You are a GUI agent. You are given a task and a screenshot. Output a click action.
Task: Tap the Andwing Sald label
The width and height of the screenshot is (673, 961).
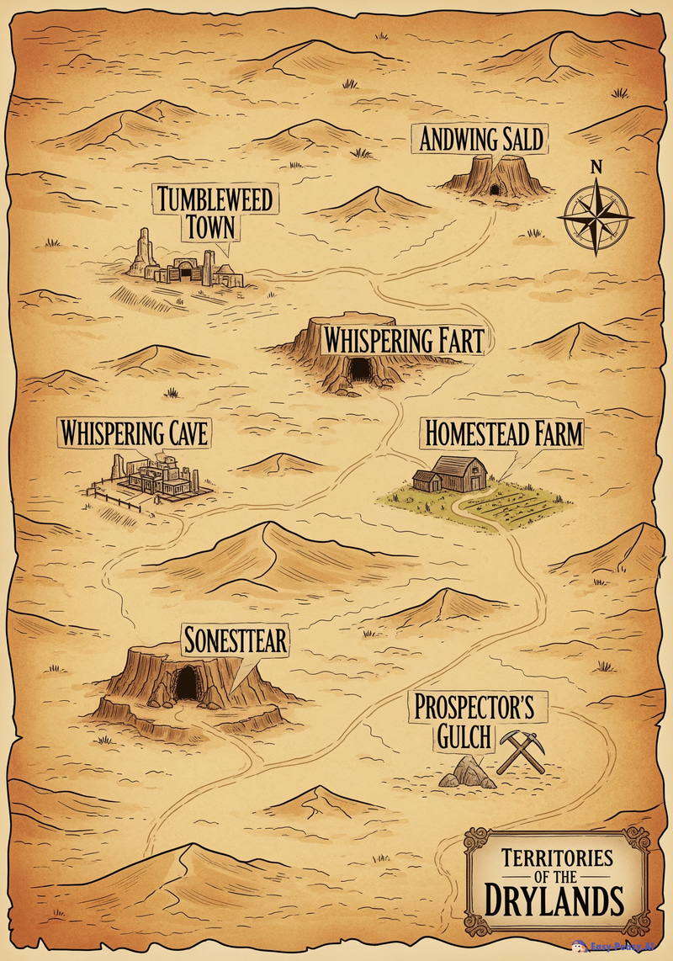click(481, 138)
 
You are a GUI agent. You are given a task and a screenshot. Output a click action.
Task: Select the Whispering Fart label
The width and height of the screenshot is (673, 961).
click(403, 341)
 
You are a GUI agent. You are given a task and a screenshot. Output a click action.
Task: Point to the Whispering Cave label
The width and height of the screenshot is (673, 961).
click(133, 433)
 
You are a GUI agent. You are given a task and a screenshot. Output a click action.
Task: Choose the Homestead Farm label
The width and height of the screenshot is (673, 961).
click(503, 433)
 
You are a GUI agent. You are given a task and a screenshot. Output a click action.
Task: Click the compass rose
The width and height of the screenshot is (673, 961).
click(596, 215)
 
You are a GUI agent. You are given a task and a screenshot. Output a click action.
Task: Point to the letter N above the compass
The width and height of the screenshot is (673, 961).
click(596, 167)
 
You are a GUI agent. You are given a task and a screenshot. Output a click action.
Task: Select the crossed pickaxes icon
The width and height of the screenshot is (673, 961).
click(522, 751)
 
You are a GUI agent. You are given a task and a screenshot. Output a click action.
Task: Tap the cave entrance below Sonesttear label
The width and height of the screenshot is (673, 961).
click(186, 682)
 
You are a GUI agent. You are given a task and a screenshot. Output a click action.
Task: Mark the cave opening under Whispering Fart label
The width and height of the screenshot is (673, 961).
click(361, 369)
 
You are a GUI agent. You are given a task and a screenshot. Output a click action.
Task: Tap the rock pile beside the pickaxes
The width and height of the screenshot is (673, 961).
click(467, 773)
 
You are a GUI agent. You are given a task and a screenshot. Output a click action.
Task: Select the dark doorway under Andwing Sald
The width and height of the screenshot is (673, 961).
click(495, 188)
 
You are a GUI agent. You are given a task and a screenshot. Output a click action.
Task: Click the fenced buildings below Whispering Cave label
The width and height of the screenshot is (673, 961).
click(156, 477)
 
